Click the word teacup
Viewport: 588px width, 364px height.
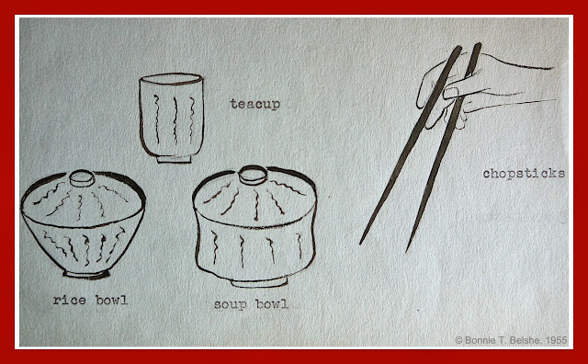coord(255,104)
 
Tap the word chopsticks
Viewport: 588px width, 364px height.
coord(524,174)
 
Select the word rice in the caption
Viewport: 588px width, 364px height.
coord(70,301)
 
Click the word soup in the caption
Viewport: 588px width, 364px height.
coord(231,304)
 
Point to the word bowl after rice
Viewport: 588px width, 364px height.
coord(111,300)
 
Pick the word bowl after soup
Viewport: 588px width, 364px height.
coord(272,303)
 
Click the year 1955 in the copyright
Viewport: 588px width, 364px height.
coord(556,340)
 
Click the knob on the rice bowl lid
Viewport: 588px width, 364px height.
coord(82,178)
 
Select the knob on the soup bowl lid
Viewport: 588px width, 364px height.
coord(254,175)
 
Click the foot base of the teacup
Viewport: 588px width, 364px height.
coord(174,159)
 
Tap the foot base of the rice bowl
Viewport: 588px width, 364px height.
coord(86,274)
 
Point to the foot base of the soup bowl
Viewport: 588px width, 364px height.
coord(259,282)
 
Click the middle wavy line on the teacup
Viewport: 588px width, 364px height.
coord(175,120)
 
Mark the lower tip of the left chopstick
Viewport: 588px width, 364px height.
coord(361,243)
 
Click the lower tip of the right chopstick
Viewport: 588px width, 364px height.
coord(408,250)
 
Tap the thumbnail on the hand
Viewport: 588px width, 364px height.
coord(451,93)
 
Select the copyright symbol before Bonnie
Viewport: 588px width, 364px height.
coord(459,340)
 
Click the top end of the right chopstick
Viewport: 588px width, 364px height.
coord(478,45)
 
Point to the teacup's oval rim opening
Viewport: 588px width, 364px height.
coord(171,79)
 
